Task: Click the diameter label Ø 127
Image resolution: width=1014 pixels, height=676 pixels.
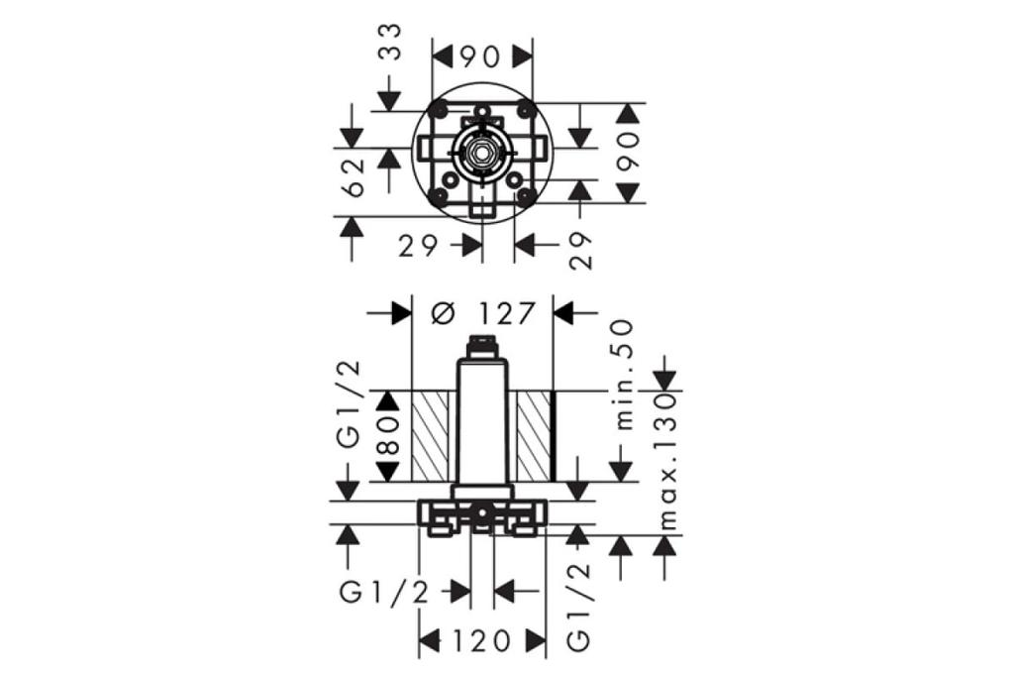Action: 484,313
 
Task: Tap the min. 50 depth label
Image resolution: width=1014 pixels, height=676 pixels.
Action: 624,374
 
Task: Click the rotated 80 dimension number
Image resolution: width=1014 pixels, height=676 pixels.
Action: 388,435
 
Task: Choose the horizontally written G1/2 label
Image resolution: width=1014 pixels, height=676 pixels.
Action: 385,592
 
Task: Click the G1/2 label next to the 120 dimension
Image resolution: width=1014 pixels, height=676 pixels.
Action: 579,608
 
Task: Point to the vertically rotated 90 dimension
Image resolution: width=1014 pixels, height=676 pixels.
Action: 631,152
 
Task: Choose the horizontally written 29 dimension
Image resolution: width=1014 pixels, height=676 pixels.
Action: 418,245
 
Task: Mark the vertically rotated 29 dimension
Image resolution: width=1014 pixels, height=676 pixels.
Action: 581,251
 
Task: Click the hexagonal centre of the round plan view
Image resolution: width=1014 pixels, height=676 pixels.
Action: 481,153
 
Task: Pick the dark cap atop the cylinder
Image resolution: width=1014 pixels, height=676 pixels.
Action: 481,346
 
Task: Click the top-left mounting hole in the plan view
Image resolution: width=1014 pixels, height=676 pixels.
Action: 438,108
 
